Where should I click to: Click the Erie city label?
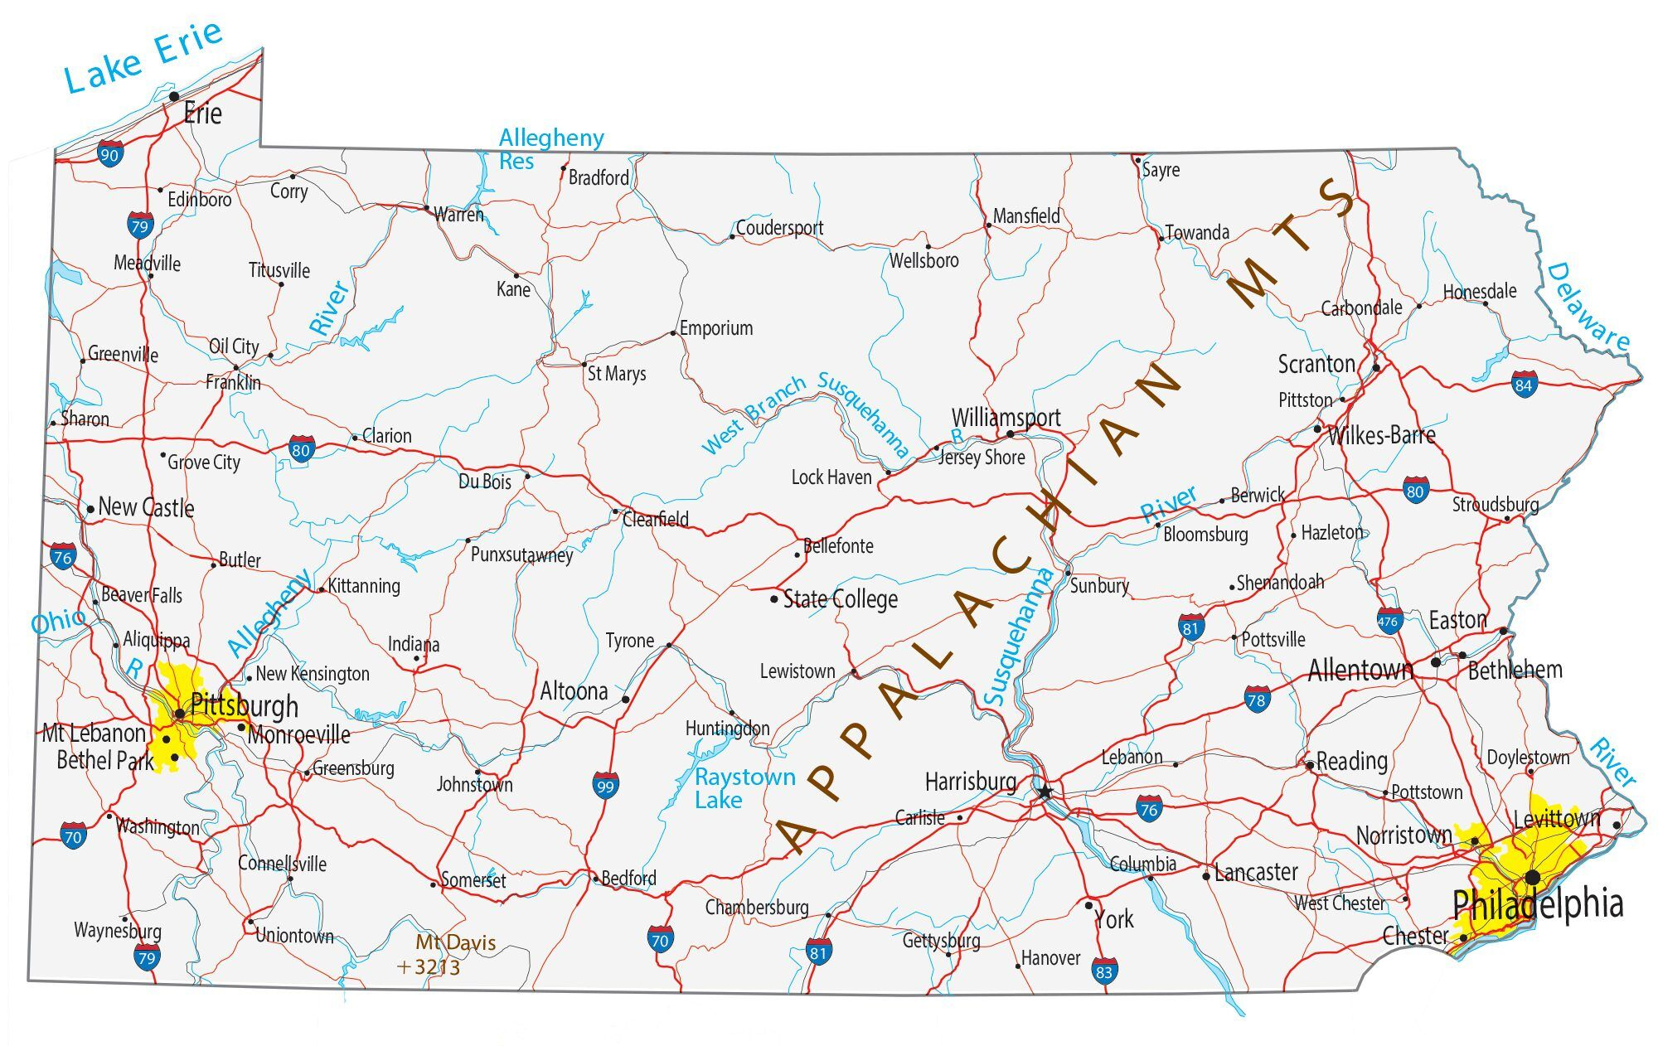pyautogui.click(x=202, y=114)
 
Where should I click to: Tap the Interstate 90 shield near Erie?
pyautogui.click(x=109, y=153)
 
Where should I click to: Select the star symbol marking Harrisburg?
pyautogui.click(x=1045, y=792)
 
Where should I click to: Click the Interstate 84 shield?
pyautogui.click(x=1524, y=384)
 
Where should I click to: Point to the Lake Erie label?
pyautogui.click(x=143, y=58)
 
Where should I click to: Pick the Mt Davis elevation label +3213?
pyautogui.click(x=429, y=966)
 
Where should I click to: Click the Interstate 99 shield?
pyautogui.click(x=605, y=785)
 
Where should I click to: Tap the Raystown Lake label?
pyautogui.click(x=744, y=788)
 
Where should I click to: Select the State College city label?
pyautogui.click(x=840, y=599)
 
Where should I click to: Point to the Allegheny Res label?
pyautogui.click(x=550, y=148)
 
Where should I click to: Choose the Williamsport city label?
pyautogui.click(x=1006, y=418)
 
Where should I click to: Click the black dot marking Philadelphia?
pyautogui.click(x=1533, y=877)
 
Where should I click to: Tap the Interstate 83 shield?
pyautogui.click(x=1103, y=971)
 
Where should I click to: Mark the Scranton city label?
pyautogui.click(x=1316, y=364)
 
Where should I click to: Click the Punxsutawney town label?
pyautogui.click(x=521, y=554)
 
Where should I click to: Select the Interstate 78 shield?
pyautogui.click(x=1257, y=700)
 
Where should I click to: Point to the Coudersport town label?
pyautogui.click(x=779, y=228)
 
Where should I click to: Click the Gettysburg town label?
pyautogui.click(x=941, y=941)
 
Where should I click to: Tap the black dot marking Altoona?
pyautogui.click(x=626, y=700)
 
